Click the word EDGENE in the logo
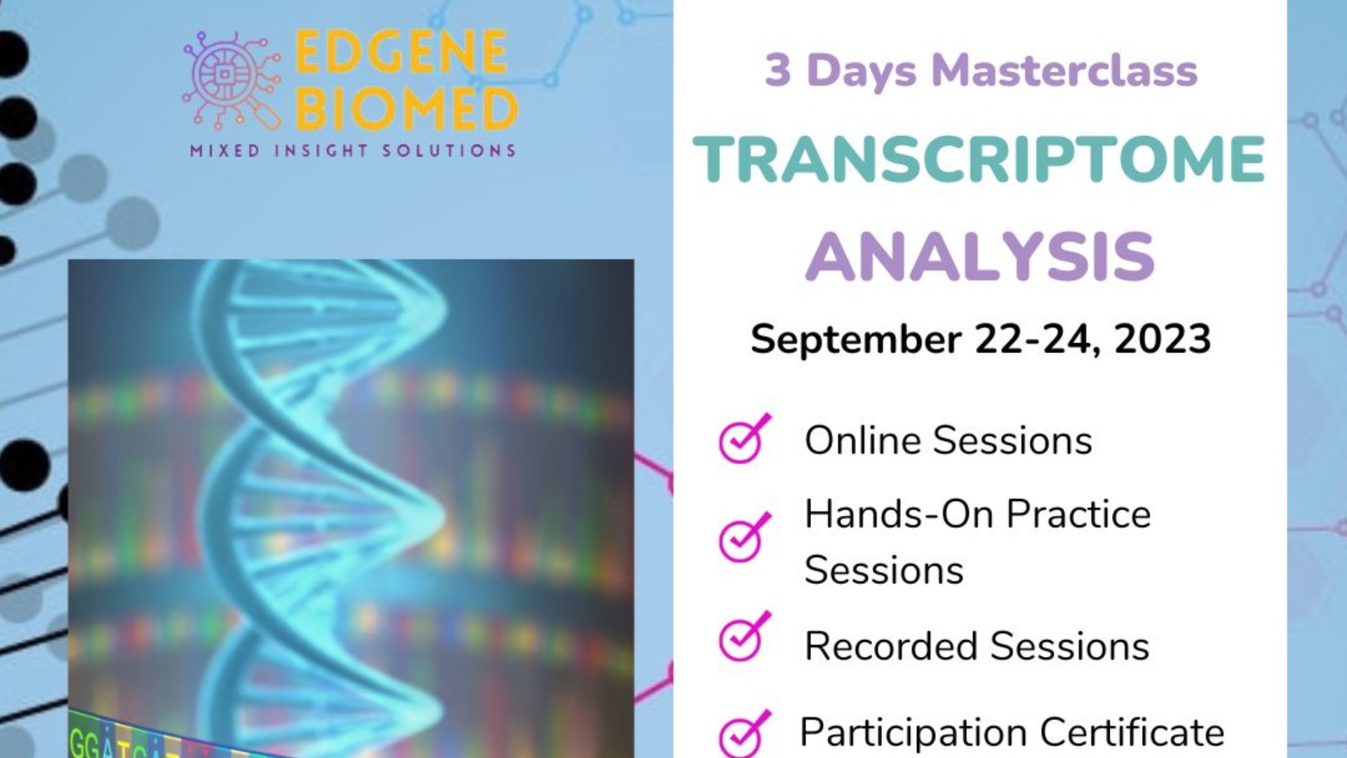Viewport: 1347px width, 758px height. point(401,52)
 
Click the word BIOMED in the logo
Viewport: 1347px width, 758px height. point(406,109)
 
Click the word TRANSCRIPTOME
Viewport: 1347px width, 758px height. point(979,160)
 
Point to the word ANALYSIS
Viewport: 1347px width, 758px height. point(979,257)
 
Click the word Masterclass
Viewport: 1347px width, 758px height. point(1064,72)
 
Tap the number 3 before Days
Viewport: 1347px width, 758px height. point(777,72)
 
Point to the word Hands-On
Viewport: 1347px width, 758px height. point(899,514)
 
